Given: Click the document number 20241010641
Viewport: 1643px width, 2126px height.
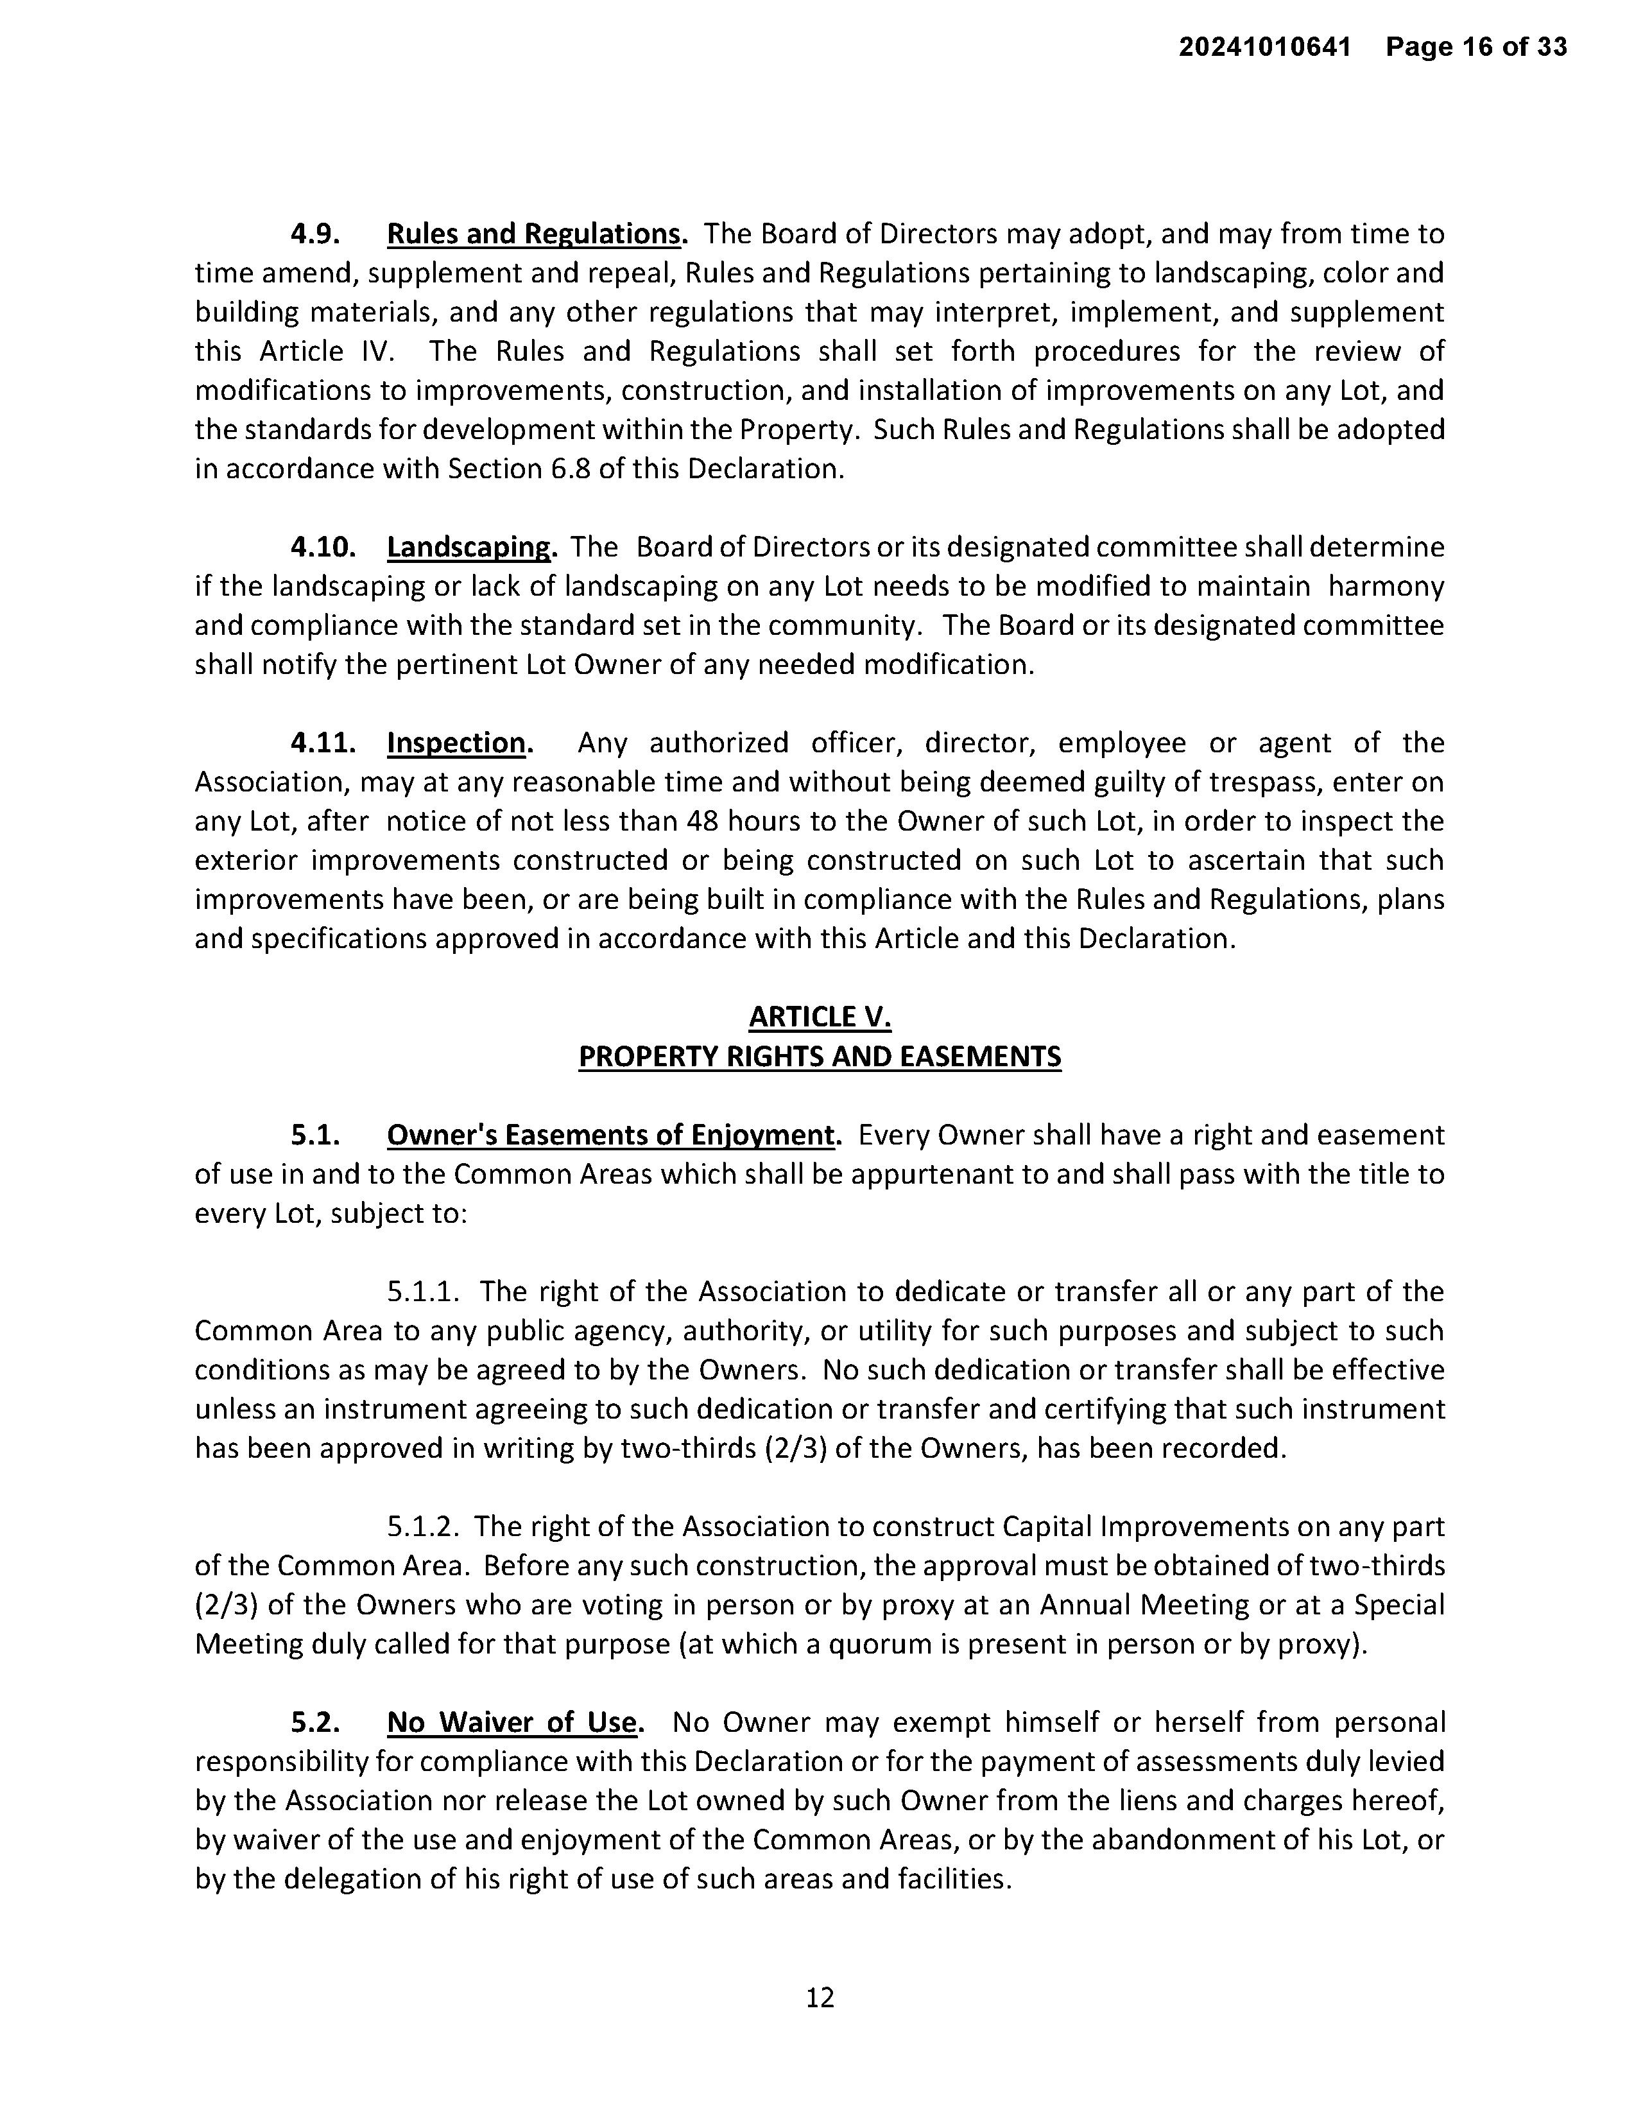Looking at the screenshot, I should click(1264, 47).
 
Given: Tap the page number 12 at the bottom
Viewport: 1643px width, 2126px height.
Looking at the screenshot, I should click(820, 1998).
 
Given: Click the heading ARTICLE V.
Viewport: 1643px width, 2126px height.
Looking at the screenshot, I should click(820, 1017).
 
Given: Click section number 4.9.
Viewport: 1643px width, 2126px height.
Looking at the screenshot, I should click(315, 234).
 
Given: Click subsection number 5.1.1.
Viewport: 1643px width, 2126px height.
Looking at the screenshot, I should click(422, 1292).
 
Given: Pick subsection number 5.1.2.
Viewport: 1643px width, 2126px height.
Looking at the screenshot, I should click(422, 1526).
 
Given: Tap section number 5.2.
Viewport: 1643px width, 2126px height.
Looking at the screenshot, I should click(315, 1722).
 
